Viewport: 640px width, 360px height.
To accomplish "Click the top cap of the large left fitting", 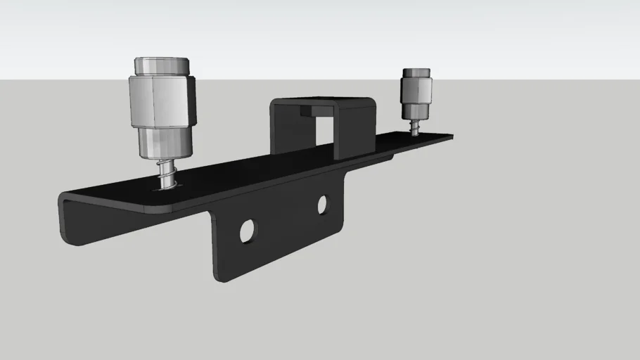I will pyautogui.click(x=161, y=66).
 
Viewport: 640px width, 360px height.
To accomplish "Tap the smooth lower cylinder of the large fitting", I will pyautogui.click(x=164, y=141).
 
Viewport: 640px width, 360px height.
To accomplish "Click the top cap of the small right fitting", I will pyautogui.click(x=416, y=73).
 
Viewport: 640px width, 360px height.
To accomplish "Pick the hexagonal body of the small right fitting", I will pyautogui.click(x=416, y=90).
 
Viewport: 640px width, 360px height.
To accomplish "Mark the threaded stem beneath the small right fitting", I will pyautogui.click(x=415, y=128).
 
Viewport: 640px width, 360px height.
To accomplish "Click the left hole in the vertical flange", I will pyautogui.click(x=248, y=231).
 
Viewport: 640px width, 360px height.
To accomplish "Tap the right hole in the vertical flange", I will pyautogui.click(x=323, y=205).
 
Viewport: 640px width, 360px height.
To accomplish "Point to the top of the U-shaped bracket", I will pyautogui.click(x=324, y=101).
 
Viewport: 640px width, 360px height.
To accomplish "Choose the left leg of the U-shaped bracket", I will pyautogui.click(x=282, y=130).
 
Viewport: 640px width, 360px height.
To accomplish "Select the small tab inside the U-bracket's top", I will pyautogui.click(x=309, y=110).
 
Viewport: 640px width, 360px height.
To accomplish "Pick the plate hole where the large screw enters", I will pyautogui.click(x=167, y=186).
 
